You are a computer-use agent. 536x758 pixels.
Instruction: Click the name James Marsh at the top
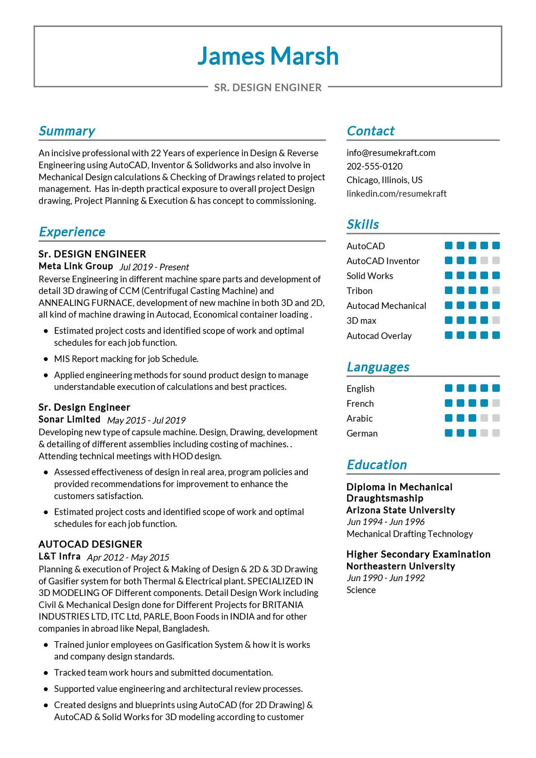pos(268,56)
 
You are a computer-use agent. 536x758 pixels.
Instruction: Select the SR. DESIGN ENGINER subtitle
pos(268,87)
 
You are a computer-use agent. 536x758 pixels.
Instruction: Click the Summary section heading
pos(67,131)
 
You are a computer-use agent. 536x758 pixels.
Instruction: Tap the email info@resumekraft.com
pos(391,153)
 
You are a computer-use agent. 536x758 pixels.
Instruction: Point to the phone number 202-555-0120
pos(374,167)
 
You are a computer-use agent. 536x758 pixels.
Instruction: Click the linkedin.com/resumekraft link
pos(396,194)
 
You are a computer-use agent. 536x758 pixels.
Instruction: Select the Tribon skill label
pos(359,291)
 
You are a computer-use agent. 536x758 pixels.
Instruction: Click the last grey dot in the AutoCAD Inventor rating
pos(496,261)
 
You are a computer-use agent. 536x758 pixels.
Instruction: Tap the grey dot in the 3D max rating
pos(496,321)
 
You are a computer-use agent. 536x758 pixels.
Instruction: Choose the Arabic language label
pos(359,418)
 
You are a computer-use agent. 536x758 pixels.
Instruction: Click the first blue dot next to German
pos(449,433)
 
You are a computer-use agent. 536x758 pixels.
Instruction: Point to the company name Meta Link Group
pos(75,266)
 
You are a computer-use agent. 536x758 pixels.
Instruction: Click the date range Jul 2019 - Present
pos(154,267)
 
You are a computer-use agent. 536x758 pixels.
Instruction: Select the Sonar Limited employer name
pos(69,419)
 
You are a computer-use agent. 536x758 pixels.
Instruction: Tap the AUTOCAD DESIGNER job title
pos(90,544)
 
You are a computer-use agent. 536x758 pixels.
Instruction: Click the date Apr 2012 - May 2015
pos(128,557)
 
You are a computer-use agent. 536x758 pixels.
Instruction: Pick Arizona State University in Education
pos(401,510)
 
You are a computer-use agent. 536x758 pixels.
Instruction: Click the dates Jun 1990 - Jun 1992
pos(385,578)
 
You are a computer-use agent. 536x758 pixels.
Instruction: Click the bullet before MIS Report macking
pos(46,359)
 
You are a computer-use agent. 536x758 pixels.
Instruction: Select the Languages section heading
pos(378,367)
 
